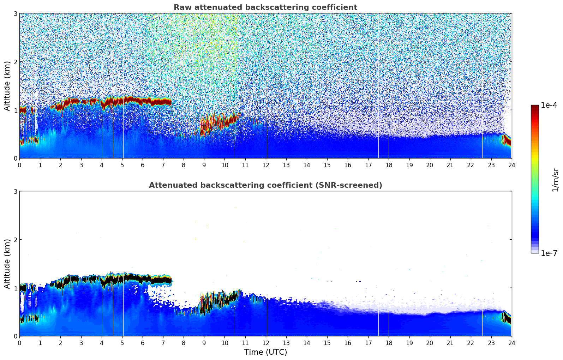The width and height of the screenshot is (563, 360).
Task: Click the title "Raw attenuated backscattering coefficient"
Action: (265, 7)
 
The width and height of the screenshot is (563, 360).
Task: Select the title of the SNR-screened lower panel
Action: (265, 185)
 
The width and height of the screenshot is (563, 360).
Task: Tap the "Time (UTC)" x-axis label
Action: (265, 352)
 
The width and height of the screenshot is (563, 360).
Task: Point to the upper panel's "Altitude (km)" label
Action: (7, 86)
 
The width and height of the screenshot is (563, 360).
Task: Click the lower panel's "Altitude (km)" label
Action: (7, 264)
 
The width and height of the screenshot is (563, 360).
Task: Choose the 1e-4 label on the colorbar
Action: (549, 105)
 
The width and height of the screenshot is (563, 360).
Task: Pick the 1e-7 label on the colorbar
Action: (549, 253)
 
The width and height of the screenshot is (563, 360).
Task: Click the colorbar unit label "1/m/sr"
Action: (555, 180)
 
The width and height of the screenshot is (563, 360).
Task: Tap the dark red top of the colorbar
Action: (534, 107)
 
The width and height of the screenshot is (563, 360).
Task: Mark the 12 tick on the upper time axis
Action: (266, 165)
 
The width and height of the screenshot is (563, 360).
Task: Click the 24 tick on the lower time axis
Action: (511, 343)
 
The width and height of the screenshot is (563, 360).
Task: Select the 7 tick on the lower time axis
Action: (163, 343)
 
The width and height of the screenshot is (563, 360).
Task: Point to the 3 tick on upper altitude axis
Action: (16, 13)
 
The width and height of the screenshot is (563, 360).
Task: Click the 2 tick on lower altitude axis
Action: (16, 240)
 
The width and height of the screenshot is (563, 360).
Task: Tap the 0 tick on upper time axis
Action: (19, 165)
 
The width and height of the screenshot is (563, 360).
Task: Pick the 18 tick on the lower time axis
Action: (389, 343)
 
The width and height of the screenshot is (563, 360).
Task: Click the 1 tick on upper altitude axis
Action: (16, 110)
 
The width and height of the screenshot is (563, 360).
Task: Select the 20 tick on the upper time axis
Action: (430, 165)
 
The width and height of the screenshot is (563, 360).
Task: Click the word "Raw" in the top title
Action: (181, 7)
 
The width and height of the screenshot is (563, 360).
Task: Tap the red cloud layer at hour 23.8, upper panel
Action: (507, 140)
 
